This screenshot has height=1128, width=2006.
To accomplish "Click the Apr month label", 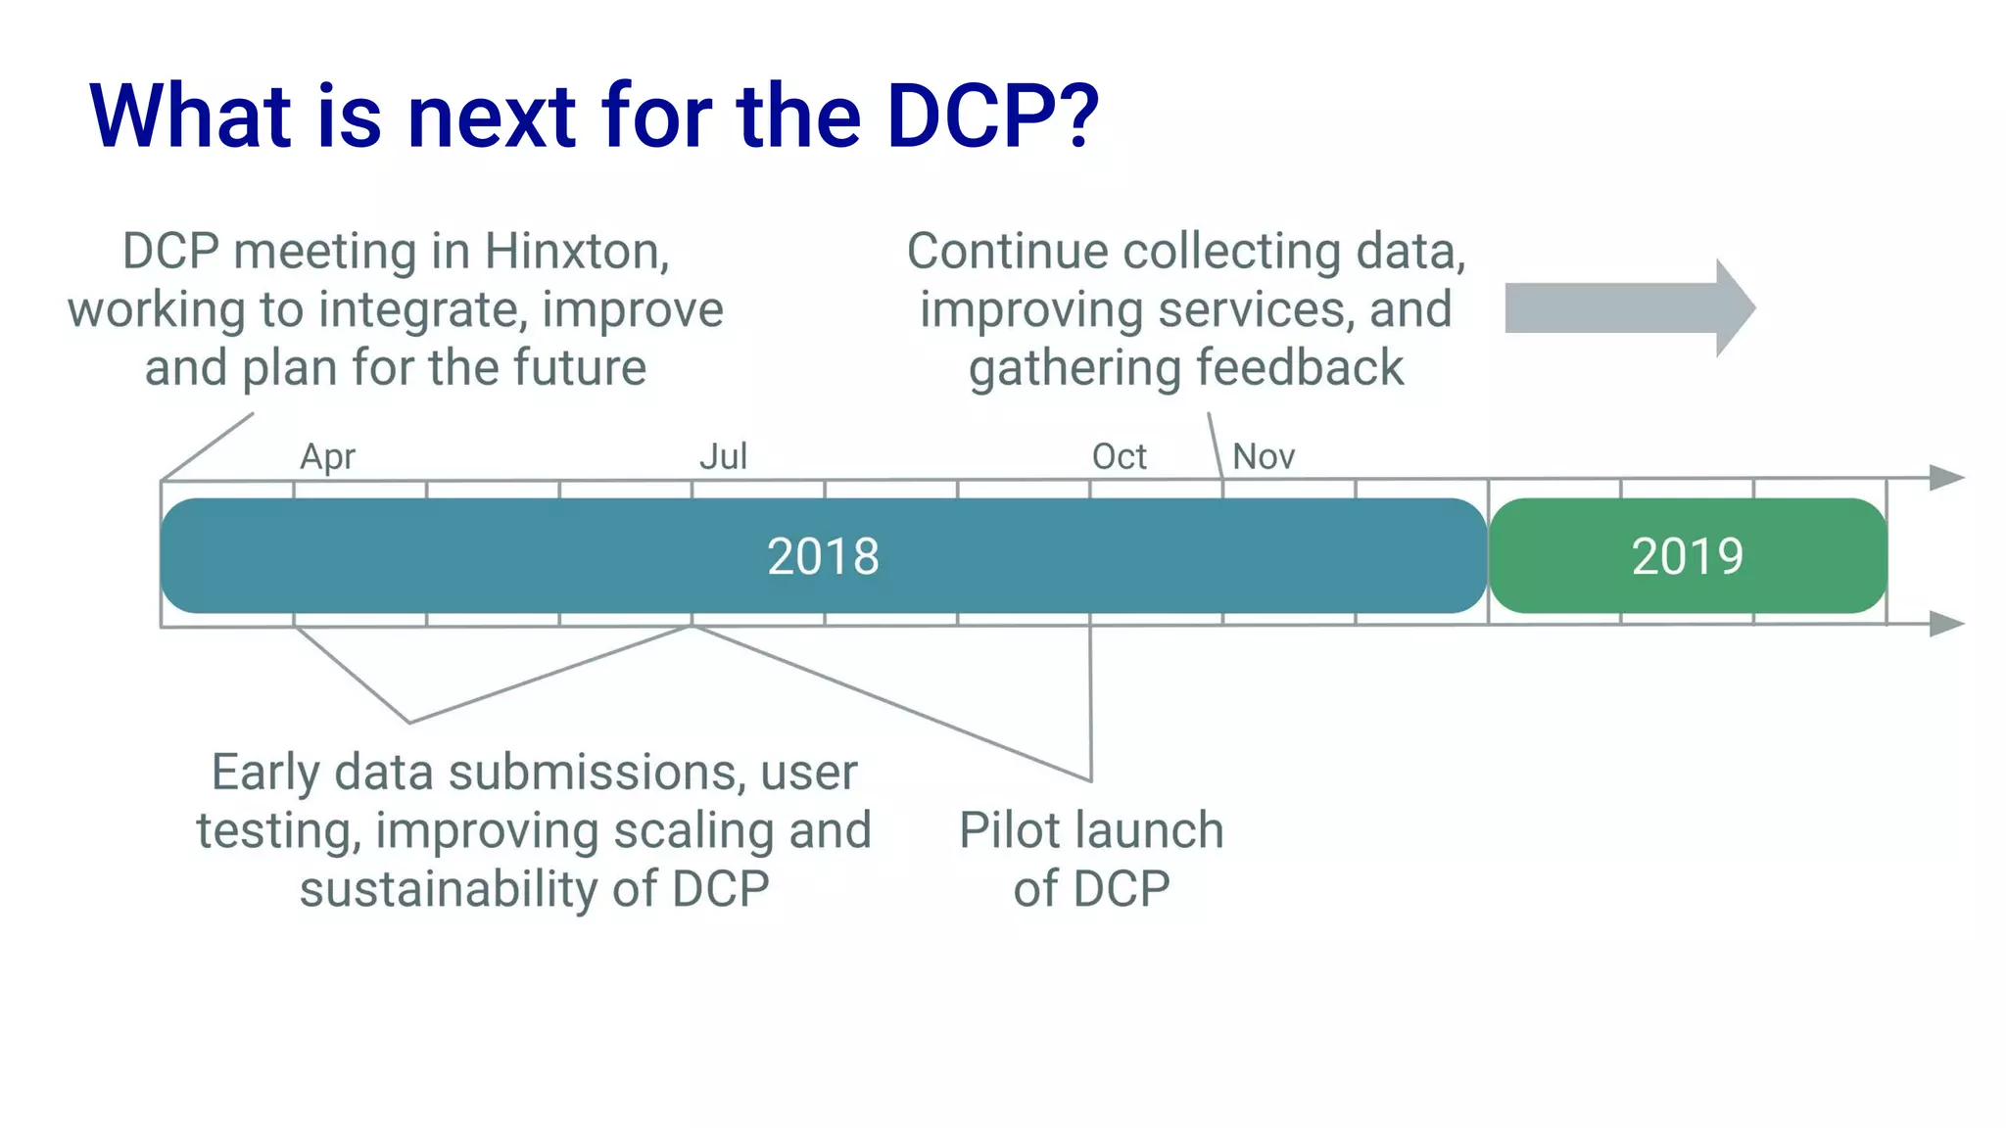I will coord(327,457).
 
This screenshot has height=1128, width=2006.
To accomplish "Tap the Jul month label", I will coord(723,456).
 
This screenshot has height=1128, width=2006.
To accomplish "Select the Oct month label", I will coord(1119,456).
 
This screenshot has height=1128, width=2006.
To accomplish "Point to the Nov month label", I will coord(1264,456).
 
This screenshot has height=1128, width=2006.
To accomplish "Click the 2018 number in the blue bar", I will coord(823,556).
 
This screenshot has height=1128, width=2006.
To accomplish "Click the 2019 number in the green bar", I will coord(1687,556).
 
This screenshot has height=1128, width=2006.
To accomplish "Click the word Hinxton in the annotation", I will coord(576,252).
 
